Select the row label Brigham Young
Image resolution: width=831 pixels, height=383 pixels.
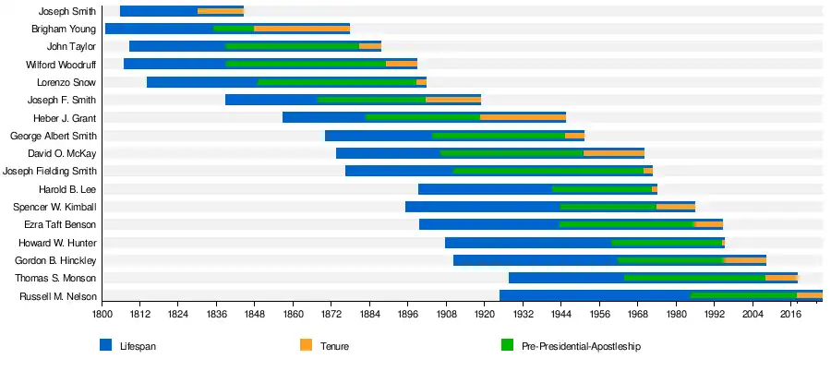(63, 29)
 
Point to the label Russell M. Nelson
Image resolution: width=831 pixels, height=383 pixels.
(57, 296)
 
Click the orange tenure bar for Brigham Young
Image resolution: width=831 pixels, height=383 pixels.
(302, 29)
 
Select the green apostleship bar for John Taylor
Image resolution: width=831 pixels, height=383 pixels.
(292, 46)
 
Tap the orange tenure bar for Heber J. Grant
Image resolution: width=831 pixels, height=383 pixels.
(523, 117)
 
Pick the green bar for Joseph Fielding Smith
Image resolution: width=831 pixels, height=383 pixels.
(548, 171)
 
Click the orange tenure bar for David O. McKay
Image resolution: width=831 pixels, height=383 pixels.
(613, 153)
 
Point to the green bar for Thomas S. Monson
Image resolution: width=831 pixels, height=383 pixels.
(694, 278)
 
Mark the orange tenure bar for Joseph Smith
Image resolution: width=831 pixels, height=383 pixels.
(221, 11)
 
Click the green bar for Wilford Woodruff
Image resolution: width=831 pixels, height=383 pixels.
(306, 64)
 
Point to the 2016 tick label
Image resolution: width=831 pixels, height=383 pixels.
(790, 315)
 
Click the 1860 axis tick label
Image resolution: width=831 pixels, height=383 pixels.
(293, 315)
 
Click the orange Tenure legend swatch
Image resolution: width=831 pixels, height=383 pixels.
(306, 345)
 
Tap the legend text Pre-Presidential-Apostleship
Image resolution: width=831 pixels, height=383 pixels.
(581, 346)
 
